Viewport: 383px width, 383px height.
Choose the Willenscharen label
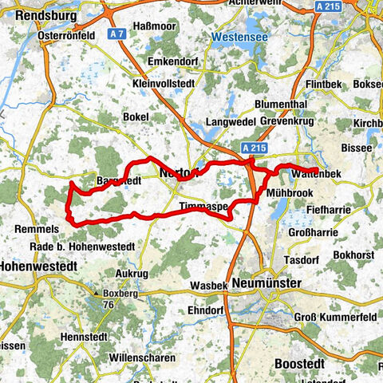point(144,358)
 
